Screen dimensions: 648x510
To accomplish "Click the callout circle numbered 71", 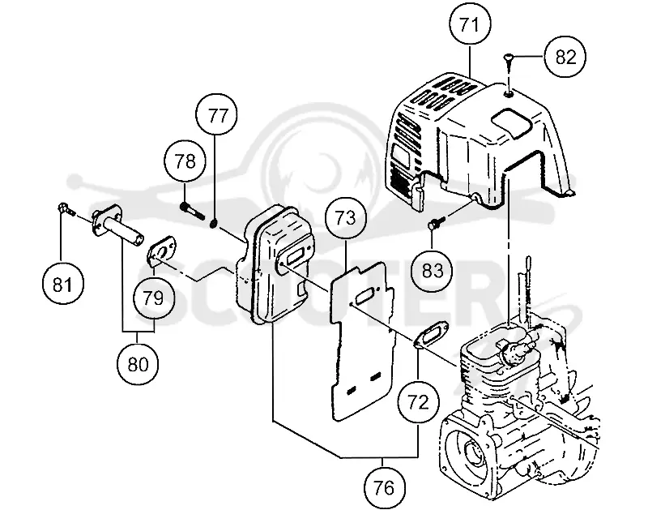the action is pyautogui.click(x=471, y=25).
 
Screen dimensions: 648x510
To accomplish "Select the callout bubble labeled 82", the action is pyautogui.click(x=565, y=57).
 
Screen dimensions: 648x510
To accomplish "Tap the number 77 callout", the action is pyautogui.click(x=217, y=114).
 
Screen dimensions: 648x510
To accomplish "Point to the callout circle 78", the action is pyautogui.click(x=185, y=161).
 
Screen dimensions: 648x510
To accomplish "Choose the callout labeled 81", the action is pyautogui.click(x=63, y=284).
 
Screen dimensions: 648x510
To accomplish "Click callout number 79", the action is pyautogui.click(x=154, y=298).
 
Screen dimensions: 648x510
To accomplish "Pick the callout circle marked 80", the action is pyautogui.click(x=138, y=364).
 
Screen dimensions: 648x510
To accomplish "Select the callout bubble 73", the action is pyautogui.click(x=346, y=217).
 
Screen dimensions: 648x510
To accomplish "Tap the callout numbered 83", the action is pyautogui.click(x=433, y=270).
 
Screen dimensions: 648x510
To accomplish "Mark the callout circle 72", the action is pyautogui.click(x=418, y=401).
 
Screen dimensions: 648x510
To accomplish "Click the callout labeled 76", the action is pyautogui.click(x=384, y=487).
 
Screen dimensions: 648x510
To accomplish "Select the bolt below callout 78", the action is pyautogui.click(x=192, y=210).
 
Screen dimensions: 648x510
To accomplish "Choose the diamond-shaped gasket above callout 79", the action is pyautogui.click(x=162, y=252).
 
